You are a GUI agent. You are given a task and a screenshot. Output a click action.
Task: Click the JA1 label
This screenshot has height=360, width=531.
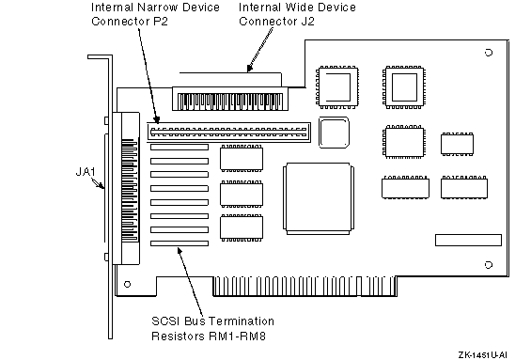point(86,172)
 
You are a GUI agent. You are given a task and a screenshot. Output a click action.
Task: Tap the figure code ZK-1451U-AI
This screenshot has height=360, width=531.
point(482,354)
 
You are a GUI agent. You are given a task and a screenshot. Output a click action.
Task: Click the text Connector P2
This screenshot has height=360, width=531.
point(130,22)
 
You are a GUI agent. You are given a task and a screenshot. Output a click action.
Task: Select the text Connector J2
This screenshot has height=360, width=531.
point(276,22)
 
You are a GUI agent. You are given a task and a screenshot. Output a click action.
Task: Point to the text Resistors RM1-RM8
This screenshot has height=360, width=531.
point(209,336)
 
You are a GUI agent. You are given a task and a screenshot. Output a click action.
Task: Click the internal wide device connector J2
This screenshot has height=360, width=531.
point(230,99)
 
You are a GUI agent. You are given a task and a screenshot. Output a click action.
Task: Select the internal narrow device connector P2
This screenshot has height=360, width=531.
point(229,133)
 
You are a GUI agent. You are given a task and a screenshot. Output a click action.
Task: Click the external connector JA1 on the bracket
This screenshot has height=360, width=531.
point(126,188)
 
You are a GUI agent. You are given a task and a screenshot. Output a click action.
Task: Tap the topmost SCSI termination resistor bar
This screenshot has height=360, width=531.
point(180,147)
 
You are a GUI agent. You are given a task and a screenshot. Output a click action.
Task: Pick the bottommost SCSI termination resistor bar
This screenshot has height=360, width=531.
point(180,243)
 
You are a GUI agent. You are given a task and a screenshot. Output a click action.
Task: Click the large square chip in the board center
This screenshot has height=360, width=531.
point(319,198)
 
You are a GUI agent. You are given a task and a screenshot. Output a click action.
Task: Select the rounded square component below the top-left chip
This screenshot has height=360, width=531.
point(334,133)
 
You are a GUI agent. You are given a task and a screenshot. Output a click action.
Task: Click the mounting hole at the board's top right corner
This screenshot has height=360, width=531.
point(489,53)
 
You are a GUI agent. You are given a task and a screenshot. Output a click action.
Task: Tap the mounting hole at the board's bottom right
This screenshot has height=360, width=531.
point(489,265)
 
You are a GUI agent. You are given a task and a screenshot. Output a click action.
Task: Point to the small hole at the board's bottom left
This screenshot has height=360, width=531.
point(127,284)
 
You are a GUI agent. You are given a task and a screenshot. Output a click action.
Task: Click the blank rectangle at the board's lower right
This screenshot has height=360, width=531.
point(468,240)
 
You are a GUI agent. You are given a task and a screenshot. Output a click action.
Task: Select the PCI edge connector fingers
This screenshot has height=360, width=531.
point(305,287)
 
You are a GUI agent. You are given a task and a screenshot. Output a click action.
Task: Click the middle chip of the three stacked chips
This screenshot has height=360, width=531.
point(242,194)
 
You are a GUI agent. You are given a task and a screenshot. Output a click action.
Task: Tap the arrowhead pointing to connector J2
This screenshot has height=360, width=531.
point(250,68)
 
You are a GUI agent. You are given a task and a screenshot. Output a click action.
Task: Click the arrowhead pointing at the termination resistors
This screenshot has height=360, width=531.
point(180,251)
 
